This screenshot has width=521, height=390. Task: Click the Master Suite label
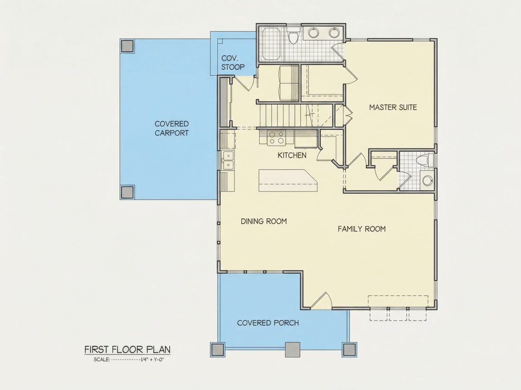click(393, 107)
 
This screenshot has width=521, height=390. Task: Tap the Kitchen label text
click(292, 155)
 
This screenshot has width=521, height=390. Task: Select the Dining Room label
click(264, 221)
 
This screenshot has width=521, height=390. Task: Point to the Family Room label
click(361, 229)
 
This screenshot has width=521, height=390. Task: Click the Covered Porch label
click(268, 323)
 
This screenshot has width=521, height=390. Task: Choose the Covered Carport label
click(172, 128)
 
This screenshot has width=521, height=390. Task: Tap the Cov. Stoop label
click(233, 63)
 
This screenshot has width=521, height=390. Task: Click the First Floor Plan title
click(127, 349)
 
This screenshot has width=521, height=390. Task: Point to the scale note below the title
click(129, 359)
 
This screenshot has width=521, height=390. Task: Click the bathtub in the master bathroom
click(272, 44)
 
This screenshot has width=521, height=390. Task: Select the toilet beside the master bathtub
click(293, 36)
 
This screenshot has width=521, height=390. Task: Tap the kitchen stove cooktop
click(277, 138)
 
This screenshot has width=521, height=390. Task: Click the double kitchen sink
click(228, 160)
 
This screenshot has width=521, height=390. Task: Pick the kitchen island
click(288, 181)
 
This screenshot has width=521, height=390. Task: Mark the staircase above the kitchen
click(289, 115)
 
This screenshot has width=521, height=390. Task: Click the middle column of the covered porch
click(293, 349)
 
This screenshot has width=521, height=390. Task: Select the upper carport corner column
click(127, 46)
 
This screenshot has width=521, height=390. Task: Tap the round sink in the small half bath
click(427, 181)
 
